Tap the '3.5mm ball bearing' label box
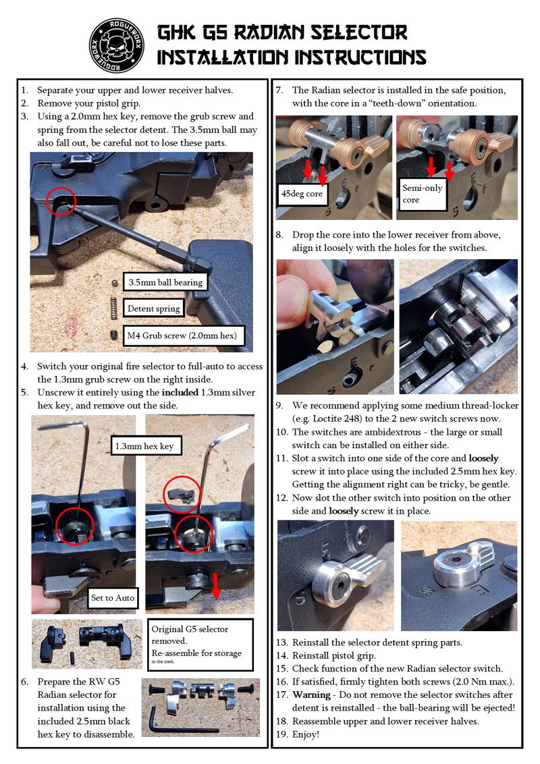click(x=165, y=282)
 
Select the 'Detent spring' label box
click(x=154, y=308)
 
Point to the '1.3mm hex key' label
click(x=144, y=446)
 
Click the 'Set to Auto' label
click(x=113, y=597)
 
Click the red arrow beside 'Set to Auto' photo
click(x=216, y=585)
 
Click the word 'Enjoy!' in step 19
click(x=306, y=734)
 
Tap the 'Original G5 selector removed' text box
click(x=199, y=643)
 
